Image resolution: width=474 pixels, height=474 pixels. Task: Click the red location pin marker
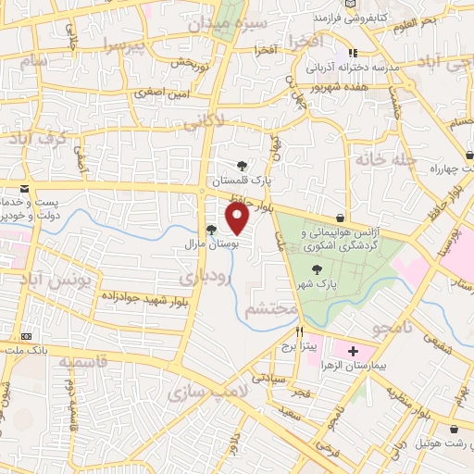[x=238, y=218]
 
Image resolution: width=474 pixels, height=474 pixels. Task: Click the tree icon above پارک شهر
[x=318, y=268]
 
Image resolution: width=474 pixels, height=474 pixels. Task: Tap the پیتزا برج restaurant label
[x=300, y=346]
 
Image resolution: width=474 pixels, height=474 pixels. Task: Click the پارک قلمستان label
[x=243, y=180]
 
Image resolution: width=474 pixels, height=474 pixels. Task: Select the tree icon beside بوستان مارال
[x=211, y=231]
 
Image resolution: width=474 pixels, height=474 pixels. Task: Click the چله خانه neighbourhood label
[x=377, y=159]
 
